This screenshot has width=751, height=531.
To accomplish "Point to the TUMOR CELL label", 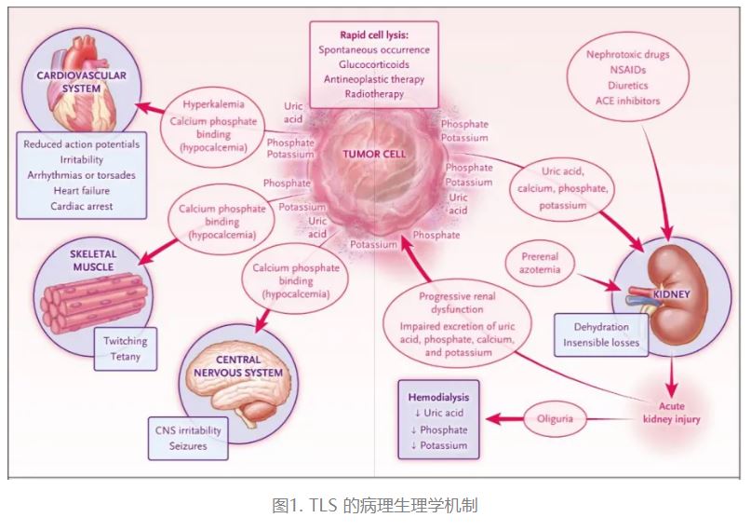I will (x=371, y=154).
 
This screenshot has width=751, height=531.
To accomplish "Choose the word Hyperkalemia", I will (x=213, y=104).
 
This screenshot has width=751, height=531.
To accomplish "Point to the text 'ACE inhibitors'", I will (x=630, y=101).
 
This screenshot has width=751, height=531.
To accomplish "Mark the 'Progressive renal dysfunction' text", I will (x=451, y=306).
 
